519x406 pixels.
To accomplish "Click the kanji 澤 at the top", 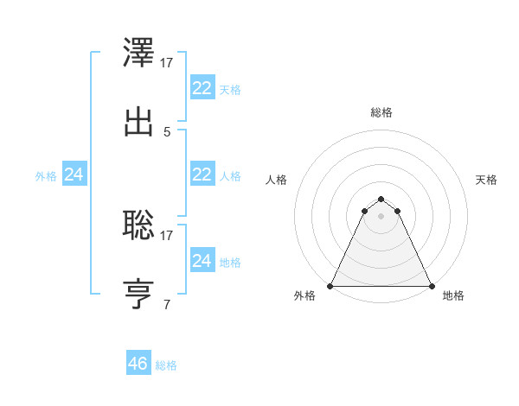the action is [x=138, y=53].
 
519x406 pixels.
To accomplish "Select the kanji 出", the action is [x=138, y=122].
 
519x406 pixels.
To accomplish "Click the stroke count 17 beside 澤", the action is [x=168, y=63].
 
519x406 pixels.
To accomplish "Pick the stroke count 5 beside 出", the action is [x=167, y=132].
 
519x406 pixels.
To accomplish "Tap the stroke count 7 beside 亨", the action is [x=167, y=304].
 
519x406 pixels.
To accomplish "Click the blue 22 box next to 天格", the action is [x=202, y=88].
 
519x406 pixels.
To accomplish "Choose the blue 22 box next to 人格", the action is [x=202, y=174].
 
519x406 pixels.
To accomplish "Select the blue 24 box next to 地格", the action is [x=202, y=260].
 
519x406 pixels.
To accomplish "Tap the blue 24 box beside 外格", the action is [x=74, y=174].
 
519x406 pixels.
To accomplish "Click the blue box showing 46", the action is [x=138, y=364].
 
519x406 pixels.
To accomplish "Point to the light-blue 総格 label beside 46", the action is [x=167, y=365].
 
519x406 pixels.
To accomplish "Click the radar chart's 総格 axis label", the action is [x=381, y=112].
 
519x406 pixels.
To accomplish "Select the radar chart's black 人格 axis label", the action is [x=277, y=180].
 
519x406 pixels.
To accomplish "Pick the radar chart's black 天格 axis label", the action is [x=487, y=180].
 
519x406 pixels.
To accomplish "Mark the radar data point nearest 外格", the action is [x=330, y=286].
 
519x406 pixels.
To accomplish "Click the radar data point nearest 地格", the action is [x=432, y=286].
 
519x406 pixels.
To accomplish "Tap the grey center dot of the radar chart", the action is [x=381, y=215].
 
